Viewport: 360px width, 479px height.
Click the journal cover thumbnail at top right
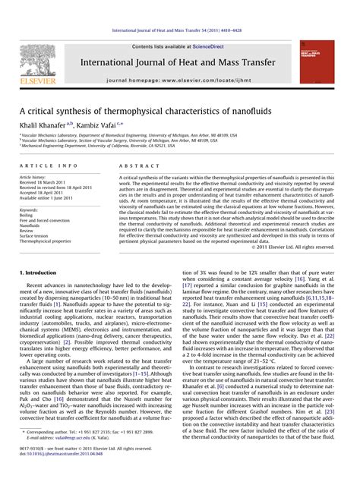pos(317,61)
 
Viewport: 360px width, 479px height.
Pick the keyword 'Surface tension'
pos(36,235)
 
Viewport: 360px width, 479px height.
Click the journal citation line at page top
pos(179,30)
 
